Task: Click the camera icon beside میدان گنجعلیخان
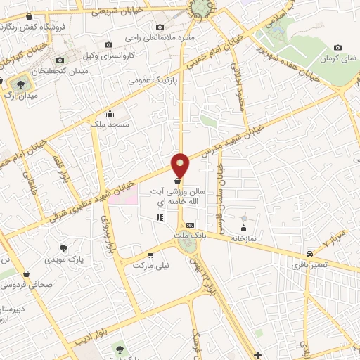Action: click(x=67, y=60)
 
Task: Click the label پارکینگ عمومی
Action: click(x=153, y=81)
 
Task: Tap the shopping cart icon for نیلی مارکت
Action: click(x=150, y=255)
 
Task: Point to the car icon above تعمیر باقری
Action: click(x=309, y=255)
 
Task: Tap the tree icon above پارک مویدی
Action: click(x=64, y=248)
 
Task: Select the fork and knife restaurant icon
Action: click(x=160, y=218)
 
